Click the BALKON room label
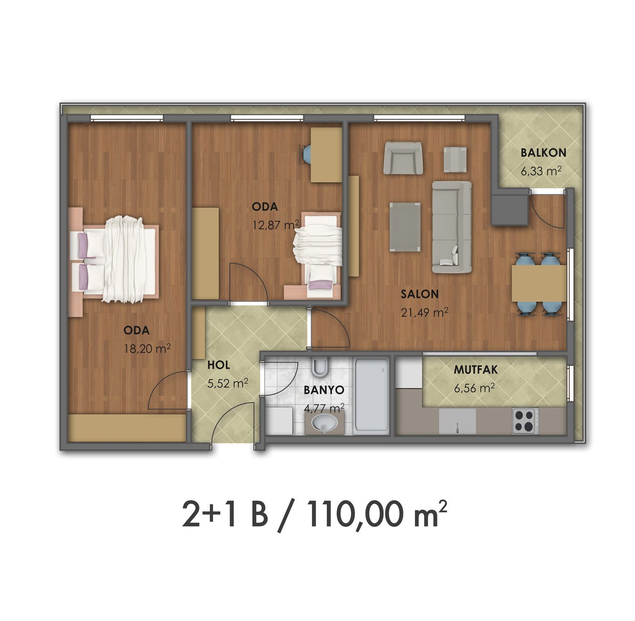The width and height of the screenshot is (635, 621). coord(543,153)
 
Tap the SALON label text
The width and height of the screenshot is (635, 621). coord(419,294)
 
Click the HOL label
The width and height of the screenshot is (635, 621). coord(218,365)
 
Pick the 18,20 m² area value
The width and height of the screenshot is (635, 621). coord(147,348)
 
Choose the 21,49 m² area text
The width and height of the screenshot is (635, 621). coord(424,312)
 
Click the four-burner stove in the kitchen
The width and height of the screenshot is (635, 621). coord(523,421)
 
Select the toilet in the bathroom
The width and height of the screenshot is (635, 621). coord(320,367)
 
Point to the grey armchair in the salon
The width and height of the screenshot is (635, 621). coord(403,158)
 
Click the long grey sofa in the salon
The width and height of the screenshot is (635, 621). coord(452,227)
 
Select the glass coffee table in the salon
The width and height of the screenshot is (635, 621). coord(405,227)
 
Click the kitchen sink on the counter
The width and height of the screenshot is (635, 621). coord(457,421)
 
